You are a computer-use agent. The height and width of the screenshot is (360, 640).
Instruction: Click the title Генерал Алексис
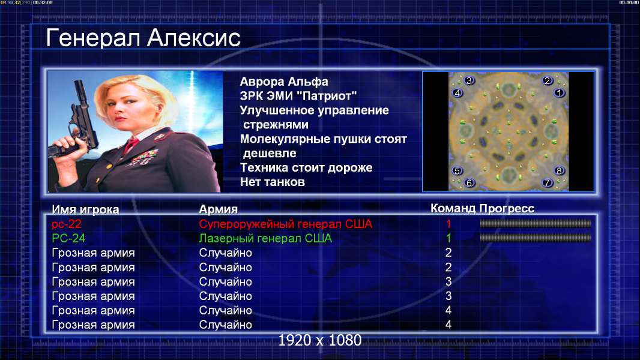point(143,38)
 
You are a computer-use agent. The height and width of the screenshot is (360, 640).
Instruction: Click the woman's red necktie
point(131,145)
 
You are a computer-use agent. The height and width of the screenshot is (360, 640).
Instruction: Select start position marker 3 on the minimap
point(469,80)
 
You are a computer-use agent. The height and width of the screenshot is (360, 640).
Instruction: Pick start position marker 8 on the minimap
point(559,170)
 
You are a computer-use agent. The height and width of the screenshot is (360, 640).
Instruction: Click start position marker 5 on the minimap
point(457,170)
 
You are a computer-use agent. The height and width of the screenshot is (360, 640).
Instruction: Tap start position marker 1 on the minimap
point(559,92)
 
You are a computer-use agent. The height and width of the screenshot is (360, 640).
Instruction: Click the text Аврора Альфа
point(283,82)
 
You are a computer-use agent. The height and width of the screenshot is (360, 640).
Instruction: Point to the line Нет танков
point(272,182)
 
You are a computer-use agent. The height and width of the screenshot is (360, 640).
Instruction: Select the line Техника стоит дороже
point(306,167)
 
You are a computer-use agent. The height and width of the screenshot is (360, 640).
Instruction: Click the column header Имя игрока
point(85,209)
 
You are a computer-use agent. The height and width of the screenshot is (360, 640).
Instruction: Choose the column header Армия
point(219,209)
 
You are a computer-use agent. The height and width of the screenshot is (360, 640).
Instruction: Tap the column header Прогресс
point(507,208)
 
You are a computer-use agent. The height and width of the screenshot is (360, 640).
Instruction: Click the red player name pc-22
point(67,224)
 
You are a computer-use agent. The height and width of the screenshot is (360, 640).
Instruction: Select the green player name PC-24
point(68,238)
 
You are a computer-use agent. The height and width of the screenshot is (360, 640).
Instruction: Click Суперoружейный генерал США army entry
point(286,224)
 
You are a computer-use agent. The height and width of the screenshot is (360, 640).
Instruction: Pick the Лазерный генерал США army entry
point(265,238)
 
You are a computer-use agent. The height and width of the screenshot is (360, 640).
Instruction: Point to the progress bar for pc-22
point(536,223)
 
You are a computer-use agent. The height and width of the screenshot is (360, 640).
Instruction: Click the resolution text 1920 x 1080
point(320,340)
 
